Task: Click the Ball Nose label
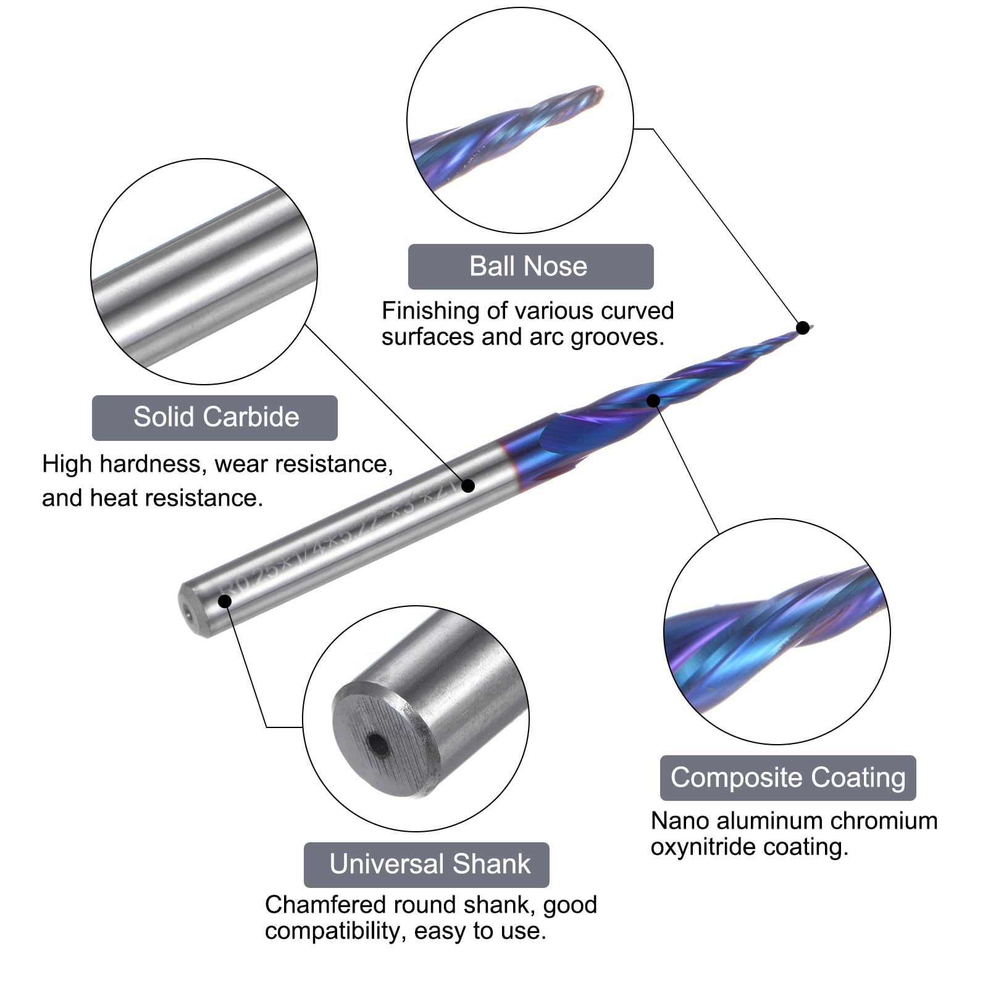pyautogui.click(x=530, y=267)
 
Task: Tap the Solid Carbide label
pyautogui.click(x=215, y=417)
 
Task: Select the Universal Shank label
pyautogui.click(x=427, y=865)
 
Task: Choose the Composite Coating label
pyautogui.click(x=787, y=777)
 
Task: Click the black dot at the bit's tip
pyautogui.click(x=803, y=327)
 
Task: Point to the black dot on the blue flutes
pyautogui.click(x=653, y=401)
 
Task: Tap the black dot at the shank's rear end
pyautogui.click(x=225, y=601)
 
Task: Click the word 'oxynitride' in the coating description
pyautogui.click(x=703, y=847)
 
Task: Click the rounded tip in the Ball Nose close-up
pyautogui.click(x=597, y=94)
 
